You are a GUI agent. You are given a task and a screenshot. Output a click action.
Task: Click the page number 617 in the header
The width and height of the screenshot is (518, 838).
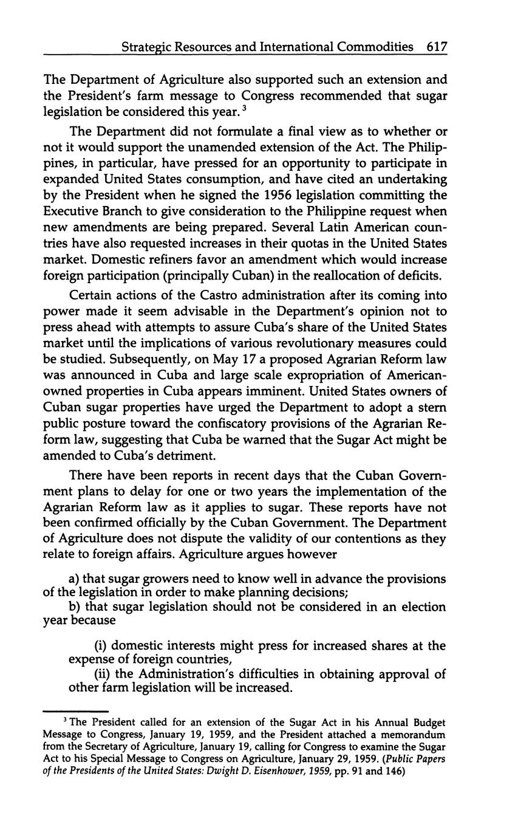pyautogui.click(x=437, y=46)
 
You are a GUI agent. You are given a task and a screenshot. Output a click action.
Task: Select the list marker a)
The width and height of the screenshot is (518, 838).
pyautogui.click(x=75, y=579)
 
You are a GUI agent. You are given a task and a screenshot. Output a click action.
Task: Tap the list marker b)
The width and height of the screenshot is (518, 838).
pyautogui.click(x=76, y=607)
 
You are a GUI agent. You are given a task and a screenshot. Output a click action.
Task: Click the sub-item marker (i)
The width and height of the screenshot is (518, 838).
pyautogui.click(x=101, y=645)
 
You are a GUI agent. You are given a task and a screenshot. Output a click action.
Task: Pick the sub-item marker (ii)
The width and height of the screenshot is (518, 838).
pyautogui.click(x=103, y=674)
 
